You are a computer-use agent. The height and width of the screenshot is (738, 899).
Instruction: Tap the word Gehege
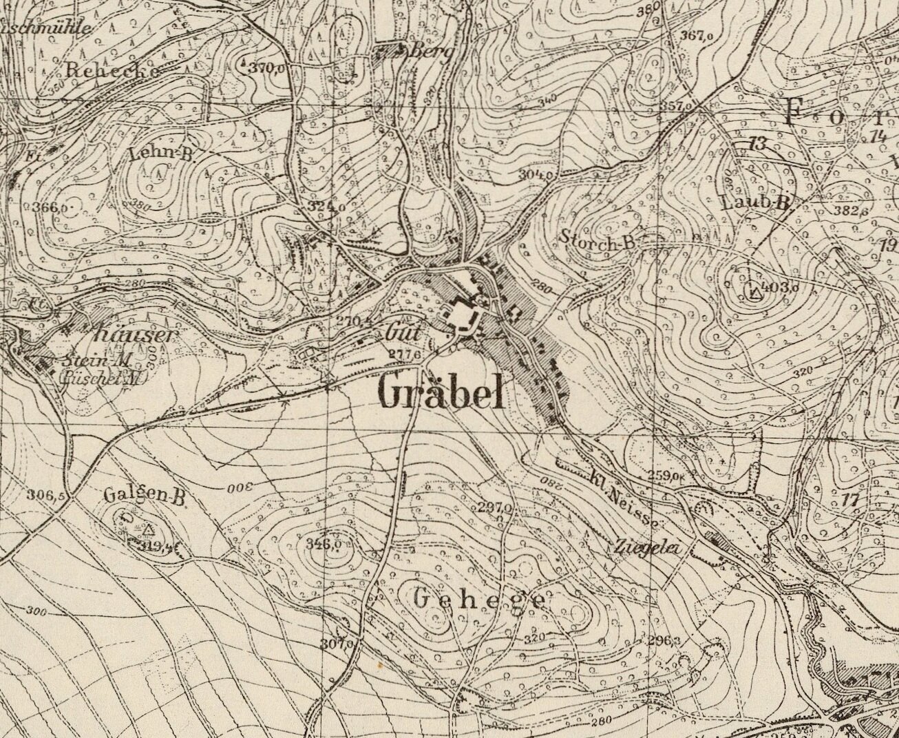(480, 600)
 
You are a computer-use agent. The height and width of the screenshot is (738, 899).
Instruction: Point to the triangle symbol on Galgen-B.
(149, 529)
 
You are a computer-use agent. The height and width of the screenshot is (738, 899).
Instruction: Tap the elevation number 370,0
(267, 67)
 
